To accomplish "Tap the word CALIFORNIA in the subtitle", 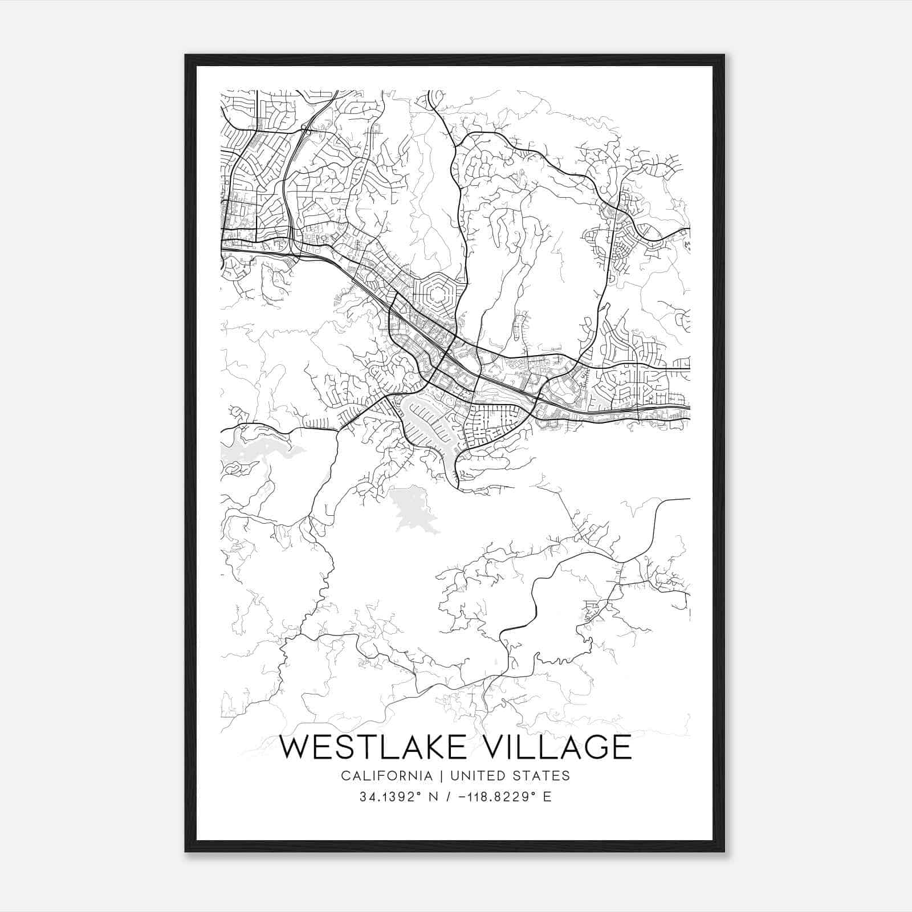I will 386,776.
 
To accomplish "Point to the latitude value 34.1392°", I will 389,797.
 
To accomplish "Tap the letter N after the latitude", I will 433,797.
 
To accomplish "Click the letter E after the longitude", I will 547,797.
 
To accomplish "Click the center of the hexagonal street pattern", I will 438,295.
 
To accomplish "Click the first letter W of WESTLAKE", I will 295,747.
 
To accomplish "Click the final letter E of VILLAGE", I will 622,747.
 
